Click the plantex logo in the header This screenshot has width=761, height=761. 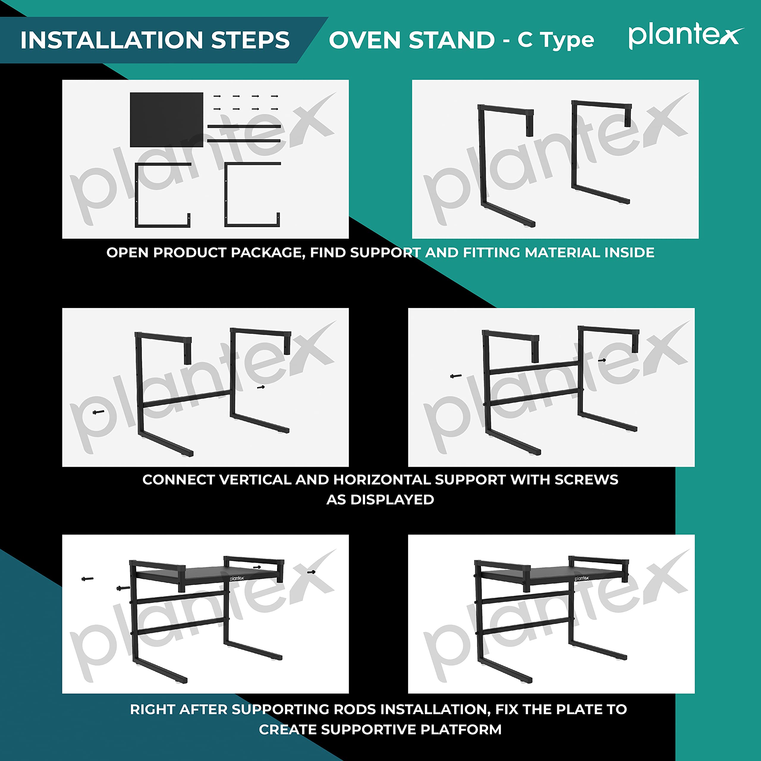(x=686, y=36)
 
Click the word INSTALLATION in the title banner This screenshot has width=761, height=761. (x=111, y=40)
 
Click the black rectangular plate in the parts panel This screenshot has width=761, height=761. (x=166, y=120)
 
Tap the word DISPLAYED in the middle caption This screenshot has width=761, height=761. (x=392, y=499)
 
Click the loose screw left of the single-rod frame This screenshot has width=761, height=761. (x=98, y=412)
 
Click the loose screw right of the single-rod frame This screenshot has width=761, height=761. (x=261, y=387)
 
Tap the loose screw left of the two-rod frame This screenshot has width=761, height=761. (x=456, y=376)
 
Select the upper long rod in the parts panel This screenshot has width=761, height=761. (x=244, y=126)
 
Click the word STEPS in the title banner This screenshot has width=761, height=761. (x=251, y=40)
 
